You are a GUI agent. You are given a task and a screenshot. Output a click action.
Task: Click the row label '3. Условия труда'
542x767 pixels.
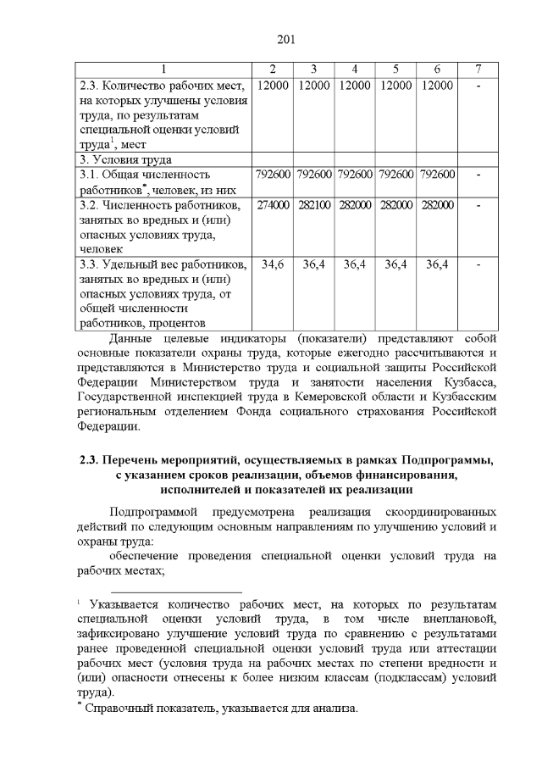125,159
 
